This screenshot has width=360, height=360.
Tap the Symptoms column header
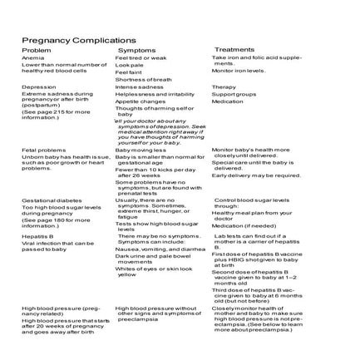(136, 50)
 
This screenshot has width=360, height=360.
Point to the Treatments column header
(234, 49)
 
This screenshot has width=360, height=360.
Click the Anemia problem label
(32, 57)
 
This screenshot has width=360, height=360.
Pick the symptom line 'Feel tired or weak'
(141, 57)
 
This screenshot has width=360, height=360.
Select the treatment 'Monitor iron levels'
(238, 71)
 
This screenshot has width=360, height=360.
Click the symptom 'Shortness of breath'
(143, 79)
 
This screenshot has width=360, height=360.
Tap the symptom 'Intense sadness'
(139, 86)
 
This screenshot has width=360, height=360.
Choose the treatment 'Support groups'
(234, 94)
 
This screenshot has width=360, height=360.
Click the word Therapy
(224, 86)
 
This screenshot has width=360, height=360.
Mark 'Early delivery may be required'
(255, 175)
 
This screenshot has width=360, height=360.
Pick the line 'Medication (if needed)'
(244, 225)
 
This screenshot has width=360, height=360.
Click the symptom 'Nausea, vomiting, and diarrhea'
(160, 248)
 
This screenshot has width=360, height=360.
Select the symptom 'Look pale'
(129, 65)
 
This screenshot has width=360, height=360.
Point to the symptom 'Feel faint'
(128, 72)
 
